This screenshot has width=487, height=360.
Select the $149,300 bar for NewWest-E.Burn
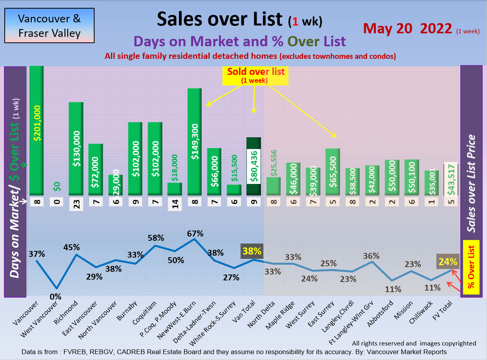(194, 141)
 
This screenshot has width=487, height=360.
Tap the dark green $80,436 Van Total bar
(254, 166)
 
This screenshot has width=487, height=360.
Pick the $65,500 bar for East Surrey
(332, 172)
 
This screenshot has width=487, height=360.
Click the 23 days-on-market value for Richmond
(76, 204)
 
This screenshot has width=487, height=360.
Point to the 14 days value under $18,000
(175, 204)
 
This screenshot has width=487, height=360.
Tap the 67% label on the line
(195, 234)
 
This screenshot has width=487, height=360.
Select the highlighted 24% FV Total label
(448, 261)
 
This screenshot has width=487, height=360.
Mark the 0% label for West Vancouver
(56, 297)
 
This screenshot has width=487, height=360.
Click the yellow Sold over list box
(256, 75)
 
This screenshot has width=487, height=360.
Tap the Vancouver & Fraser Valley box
(49, 25)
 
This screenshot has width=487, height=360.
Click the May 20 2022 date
(408, 28)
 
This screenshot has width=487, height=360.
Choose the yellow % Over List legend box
(471, 267)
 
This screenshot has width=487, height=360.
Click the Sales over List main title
(219, 19)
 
